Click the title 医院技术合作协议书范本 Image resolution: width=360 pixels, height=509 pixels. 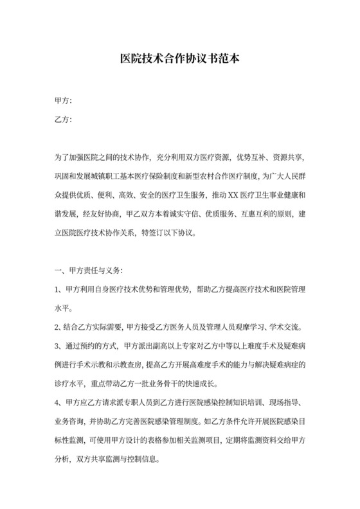tap(180, 58)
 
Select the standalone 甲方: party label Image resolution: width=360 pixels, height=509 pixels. tap(63, 101)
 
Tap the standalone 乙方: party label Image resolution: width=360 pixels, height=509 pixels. tap(63, 120)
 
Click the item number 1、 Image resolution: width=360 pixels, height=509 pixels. tap(59, 289)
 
